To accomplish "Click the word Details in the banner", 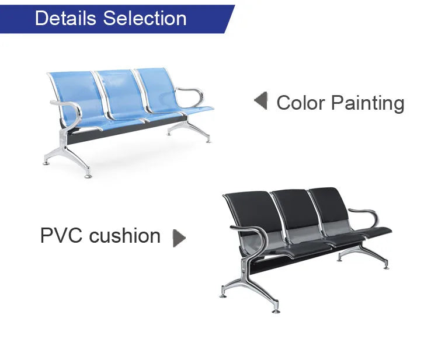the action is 65,19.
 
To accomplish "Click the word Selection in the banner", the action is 145,19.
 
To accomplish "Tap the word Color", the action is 301,103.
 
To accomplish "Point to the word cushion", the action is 124,235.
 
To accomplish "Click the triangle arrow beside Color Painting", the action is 261,100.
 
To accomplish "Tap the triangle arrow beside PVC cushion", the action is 179,238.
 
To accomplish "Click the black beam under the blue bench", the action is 126,131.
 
